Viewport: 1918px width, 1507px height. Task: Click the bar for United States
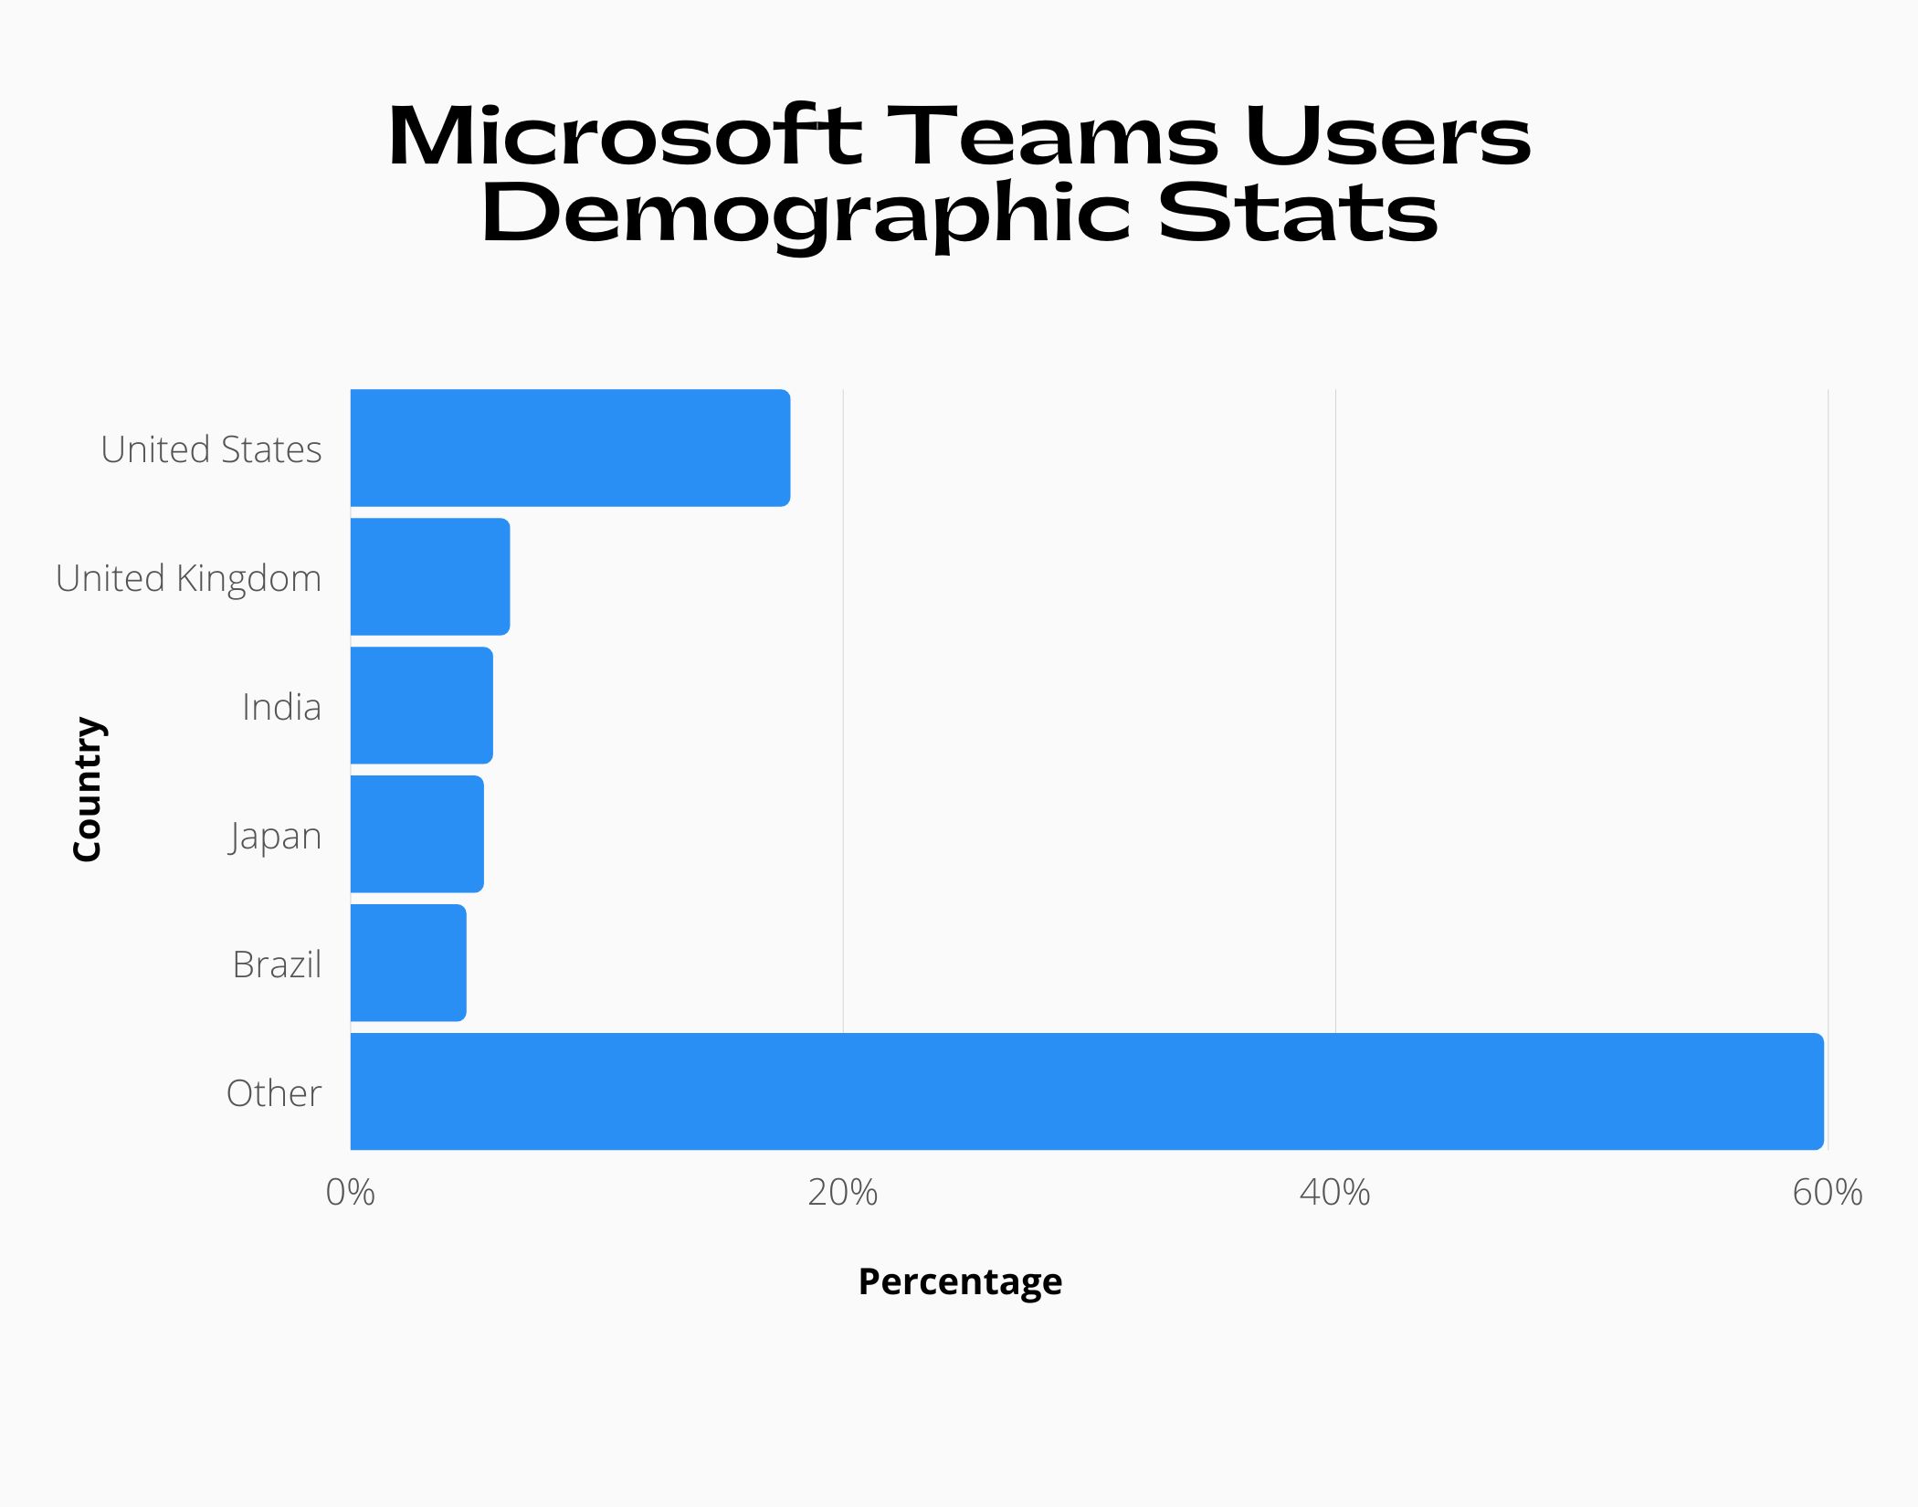570,448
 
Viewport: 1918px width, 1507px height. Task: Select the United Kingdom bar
430,576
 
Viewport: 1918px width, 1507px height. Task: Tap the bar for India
421,705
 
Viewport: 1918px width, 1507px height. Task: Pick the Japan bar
416,834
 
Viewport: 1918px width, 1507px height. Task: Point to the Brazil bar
408,963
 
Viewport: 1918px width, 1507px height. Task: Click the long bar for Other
1087,1091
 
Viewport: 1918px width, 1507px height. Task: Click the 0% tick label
350,1193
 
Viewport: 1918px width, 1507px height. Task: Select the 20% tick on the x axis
842,1193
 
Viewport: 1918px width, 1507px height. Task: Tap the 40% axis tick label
1334,1193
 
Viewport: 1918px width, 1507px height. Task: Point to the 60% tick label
1827,1193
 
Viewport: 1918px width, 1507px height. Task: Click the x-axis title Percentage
960,1281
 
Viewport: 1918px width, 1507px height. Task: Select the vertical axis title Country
88,788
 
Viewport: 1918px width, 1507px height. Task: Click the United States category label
211,449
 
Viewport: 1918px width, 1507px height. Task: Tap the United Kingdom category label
188,578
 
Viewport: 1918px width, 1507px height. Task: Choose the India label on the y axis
281,707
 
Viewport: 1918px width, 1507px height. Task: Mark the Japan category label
275,837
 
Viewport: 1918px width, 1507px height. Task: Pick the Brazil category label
277,964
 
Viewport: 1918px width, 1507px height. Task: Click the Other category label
273,1093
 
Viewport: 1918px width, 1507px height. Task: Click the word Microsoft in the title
624,137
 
